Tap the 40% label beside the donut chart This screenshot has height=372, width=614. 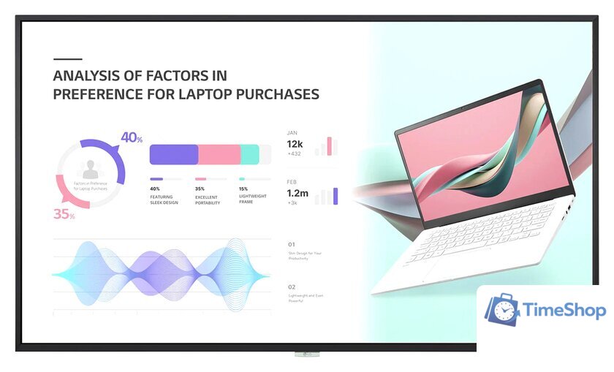point(132,137)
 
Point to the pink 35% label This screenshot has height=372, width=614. point(64,215)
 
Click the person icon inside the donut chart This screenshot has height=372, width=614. point(91,170)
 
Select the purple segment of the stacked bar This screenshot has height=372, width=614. point(174,154)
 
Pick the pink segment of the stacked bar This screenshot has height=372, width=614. point(219,154)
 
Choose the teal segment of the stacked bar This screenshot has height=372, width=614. point(249,154)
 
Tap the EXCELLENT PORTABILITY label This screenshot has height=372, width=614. point(208,200)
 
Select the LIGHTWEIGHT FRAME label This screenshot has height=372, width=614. point(253,200)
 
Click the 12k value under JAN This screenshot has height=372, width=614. point(295,144)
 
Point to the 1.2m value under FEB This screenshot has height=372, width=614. point(297,194)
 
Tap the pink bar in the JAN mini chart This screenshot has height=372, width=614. point(330,146)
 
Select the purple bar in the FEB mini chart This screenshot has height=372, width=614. point(336,196)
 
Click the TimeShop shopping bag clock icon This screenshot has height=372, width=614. point(501,311)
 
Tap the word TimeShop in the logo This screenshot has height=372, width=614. point(564,311)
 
